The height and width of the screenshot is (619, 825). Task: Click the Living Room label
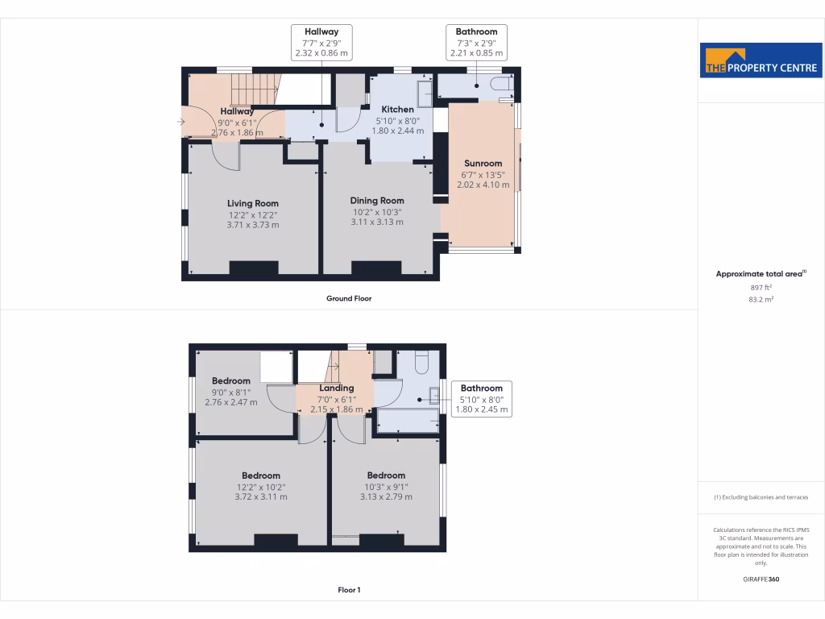[x=253, y=203]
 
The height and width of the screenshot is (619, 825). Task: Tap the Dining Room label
[x=376, y=201]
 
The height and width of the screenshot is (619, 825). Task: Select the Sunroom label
[x=483, y=164]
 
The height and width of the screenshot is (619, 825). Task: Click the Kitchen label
[x=397, y=110]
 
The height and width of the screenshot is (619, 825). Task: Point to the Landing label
[x=336, y=388]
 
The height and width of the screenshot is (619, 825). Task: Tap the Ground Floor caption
[x=349, y=298]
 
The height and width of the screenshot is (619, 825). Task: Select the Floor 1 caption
[x=349, y=590]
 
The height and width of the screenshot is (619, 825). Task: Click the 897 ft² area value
[x=761, y=287]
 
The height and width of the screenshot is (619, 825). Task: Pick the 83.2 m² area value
[x=761, y=299]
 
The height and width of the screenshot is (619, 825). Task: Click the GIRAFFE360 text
[x=761, y=579]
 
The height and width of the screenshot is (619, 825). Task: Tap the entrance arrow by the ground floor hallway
[x=180, y=123]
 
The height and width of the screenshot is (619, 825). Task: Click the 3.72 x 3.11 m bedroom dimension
[x=261, y=497]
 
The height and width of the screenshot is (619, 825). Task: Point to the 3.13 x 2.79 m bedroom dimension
[x=386, y=497]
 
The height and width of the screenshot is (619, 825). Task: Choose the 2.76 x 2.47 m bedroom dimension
[x=231, y=401]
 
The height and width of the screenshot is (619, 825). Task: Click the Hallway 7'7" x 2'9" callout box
[x=321, y=43]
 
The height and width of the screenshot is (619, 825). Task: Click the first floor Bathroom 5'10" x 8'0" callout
[x=482, y=398]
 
